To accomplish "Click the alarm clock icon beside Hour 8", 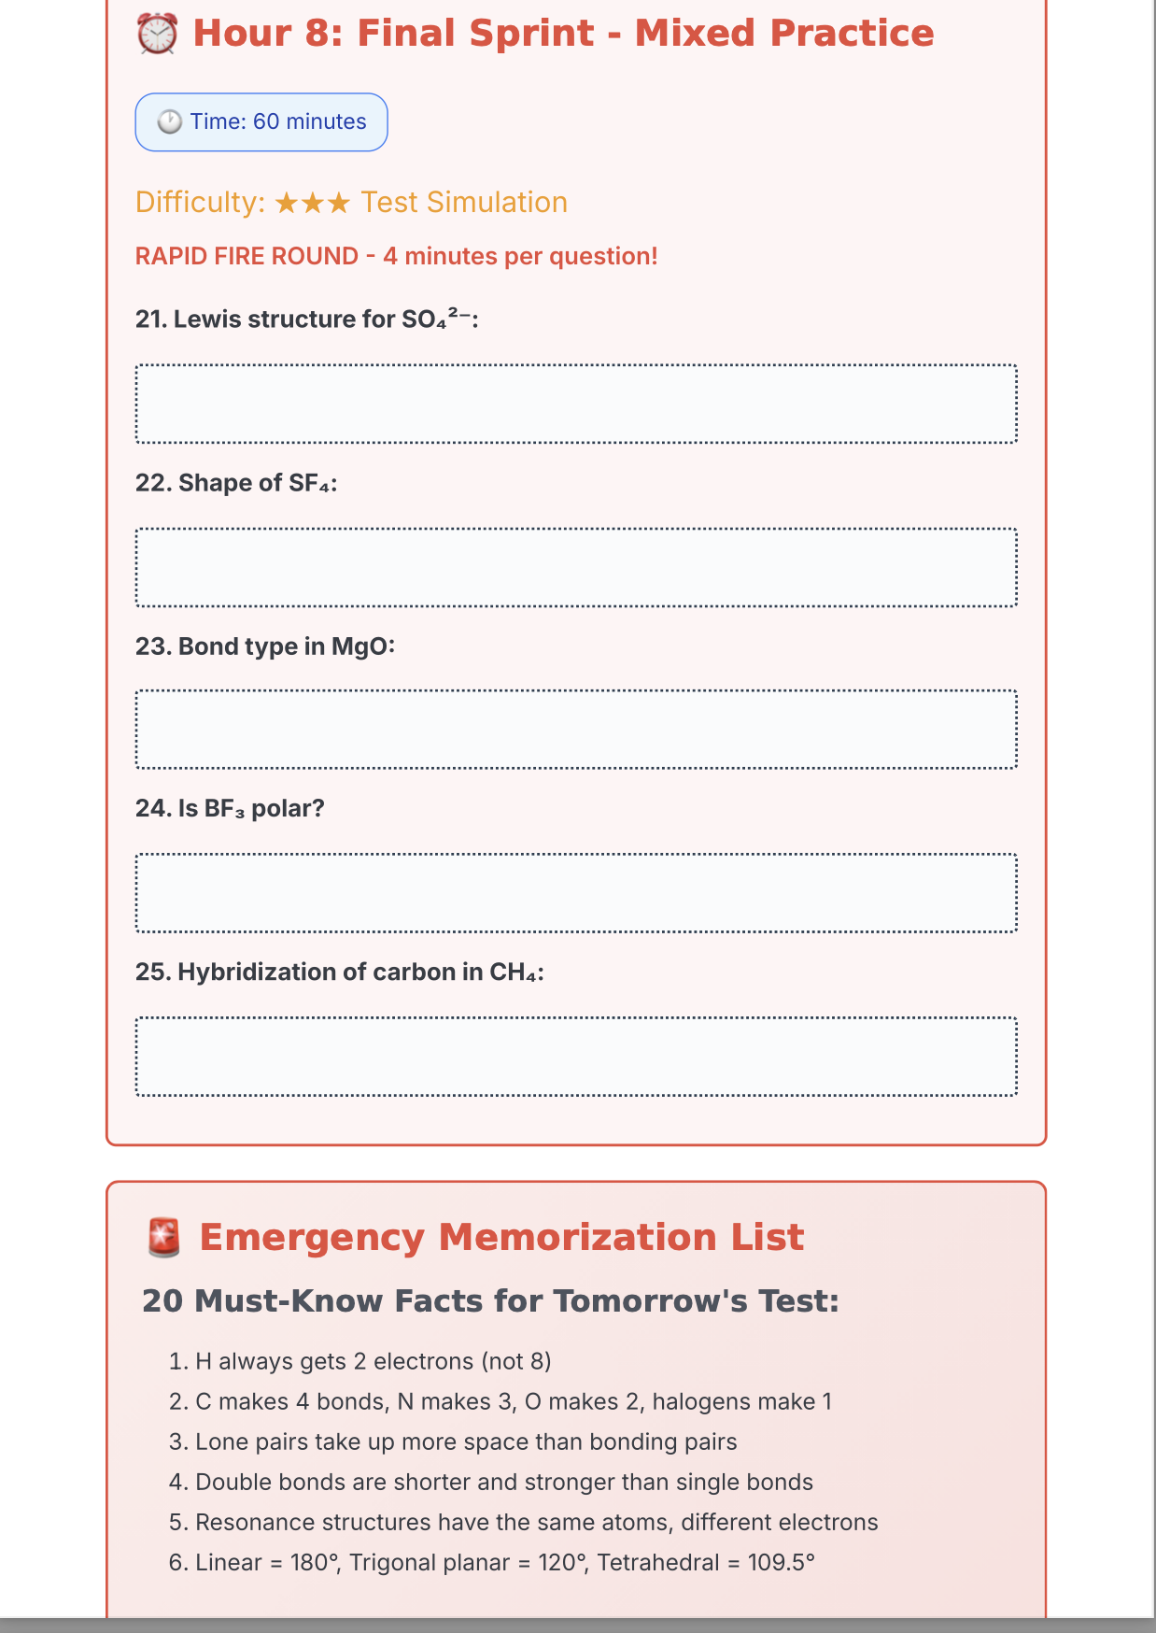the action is click(157, 35).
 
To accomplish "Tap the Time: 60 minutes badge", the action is click(261, 122).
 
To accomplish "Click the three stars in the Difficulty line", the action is click(313, 203).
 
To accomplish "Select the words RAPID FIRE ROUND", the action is click(247, 257).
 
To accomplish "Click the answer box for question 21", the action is click(576, 404).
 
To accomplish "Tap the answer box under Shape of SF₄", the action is click(576, 568).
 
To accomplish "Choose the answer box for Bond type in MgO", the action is click(576, 730).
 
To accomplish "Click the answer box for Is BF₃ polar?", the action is click(576, 893).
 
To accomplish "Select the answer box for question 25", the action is click(576, 1057).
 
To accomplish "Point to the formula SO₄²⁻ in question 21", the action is click(436, 319).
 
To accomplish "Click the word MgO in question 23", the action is click(359, 646).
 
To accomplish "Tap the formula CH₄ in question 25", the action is click(513, 973).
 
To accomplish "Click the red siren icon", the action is click(164, 1238).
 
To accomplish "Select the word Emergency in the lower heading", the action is click(312, 1238).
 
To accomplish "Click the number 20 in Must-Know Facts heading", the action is click(162, 1301).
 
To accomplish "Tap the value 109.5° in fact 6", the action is click(781, 1563).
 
